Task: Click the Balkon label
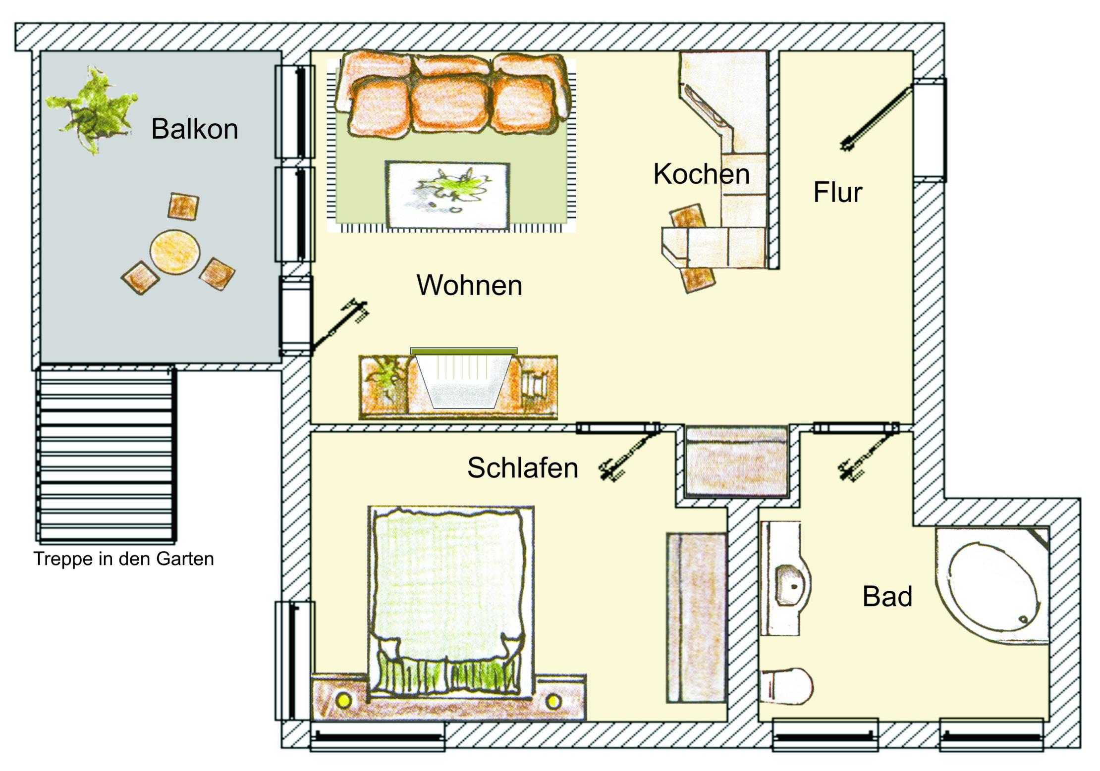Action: point(195,129)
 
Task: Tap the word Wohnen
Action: point(469,285)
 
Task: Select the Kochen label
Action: point(701,174)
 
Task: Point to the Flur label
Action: point(837,192)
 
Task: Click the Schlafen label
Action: point(523,467)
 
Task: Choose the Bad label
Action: point(887,596)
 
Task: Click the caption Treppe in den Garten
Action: point(123,559)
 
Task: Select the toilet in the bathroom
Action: point(786,686)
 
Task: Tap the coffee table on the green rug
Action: point(448,195)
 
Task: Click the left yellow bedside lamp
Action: point(343,700)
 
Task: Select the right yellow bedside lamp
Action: point(553,701)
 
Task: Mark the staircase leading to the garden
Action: point(106,455)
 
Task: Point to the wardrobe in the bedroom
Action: point(696,617)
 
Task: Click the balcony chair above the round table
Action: point(183,206)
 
